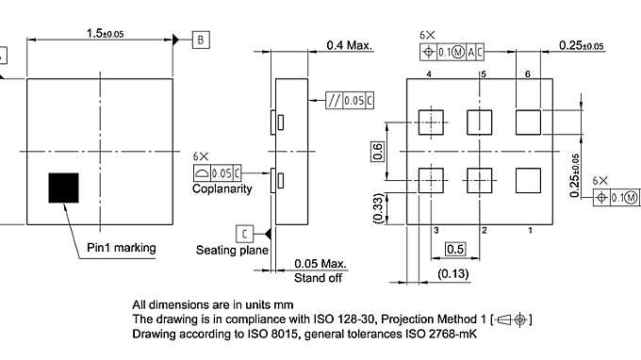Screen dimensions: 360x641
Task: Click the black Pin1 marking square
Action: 66,187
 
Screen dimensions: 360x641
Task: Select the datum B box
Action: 202,40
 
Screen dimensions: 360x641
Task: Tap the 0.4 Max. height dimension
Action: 350,45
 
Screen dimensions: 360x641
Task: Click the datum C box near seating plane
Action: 245,233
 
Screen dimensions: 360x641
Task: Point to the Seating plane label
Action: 232,250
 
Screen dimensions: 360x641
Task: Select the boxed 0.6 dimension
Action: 379,151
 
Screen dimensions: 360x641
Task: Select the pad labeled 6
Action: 528,122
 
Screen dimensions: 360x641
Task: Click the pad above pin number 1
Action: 528,179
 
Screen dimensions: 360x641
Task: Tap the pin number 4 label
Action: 429,74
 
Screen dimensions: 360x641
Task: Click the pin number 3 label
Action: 436,230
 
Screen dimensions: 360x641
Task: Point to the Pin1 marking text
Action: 122,248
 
